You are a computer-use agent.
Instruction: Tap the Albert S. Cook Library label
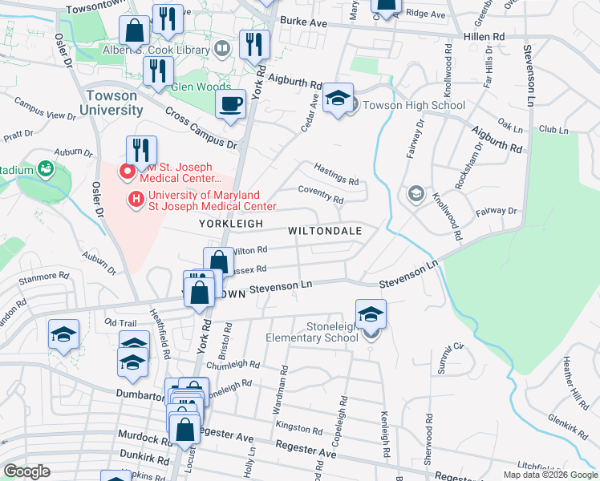pyautogui.click(x=156, y=50)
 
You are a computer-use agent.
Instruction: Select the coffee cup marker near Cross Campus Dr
pyautogui.click(x=231, y=103)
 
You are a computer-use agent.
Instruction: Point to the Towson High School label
pyautogui.click(x=414, y=105)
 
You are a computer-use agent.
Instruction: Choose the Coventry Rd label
pyautogui.click(x=320, y=195)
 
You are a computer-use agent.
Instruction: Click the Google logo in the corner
pyautogui.click(x=26, y=471)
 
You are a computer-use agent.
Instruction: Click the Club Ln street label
pyautogui.click(x=553, y=128)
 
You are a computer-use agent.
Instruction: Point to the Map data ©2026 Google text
pyautogui.click(x=549, y=475)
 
